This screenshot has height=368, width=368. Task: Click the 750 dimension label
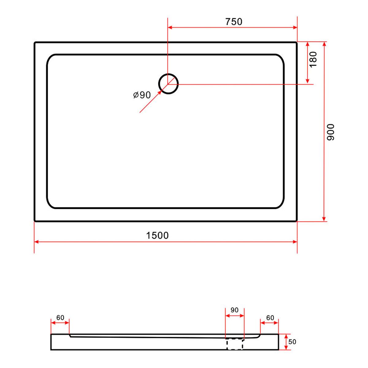tap(234, 22)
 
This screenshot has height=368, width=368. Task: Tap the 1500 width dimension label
tap(157, 236)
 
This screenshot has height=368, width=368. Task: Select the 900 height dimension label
tap(330, 132)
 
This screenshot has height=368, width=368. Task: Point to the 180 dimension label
tap(313, 59)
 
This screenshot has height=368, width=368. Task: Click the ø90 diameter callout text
tap(142, 95)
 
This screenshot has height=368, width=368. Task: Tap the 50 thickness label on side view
tap(292, 342)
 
